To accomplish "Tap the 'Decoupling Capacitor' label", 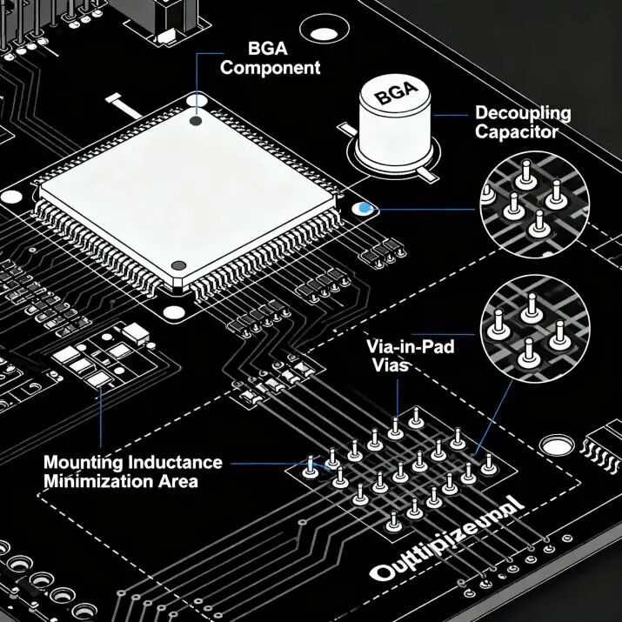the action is point(522,123).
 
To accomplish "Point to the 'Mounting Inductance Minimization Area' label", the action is point(132,471).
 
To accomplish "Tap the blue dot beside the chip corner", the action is point(365,210).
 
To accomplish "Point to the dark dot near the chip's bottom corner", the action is point(178,265).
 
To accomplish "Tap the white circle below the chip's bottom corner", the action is point(172,314).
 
